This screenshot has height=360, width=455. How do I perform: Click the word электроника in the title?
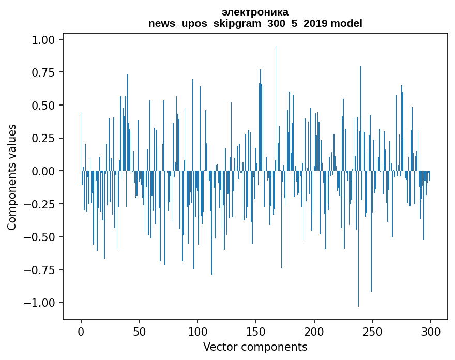click(255, 12)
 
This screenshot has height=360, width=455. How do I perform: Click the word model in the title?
click(346, 23)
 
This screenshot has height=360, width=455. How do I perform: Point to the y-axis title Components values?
click(11, 177)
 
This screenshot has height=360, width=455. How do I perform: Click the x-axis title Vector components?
click(255, 347)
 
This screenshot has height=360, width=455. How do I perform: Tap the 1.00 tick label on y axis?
click(43, 39)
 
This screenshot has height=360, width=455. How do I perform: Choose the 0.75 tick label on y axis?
click(43, 72)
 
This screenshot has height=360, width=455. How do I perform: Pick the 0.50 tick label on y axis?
click(43, 105)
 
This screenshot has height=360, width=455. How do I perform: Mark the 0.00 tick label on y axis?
click(43, 171)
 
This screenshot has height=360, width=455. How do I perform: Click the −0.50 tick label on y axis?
click(39, 237)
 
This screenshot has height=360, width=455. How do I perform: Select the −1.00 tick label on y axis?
click(39, 303)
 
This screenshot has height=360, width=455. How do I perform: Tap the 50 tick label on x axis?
click(139, 332)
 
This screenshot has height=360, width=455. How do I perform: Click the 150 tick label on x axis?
click(255, 332)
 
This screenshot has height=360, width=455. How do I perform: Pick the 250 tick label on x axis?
click(372, 332)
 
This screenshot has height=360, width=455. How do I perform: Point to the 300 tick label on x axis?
click(431, 332)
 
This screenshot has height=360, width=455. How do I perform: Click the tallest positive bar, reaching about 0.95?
click(277, 108)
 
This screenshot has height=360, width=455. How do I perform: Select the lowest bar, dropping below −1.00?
click(358, 238)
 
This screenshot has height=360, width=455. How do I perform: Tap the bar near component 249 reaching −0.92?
click(371, 231)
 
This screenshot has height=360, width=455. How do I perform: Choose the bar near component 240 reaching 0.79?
click(361, 118)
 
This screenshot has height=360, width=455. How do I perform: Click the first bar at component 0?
click(81, 141)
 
